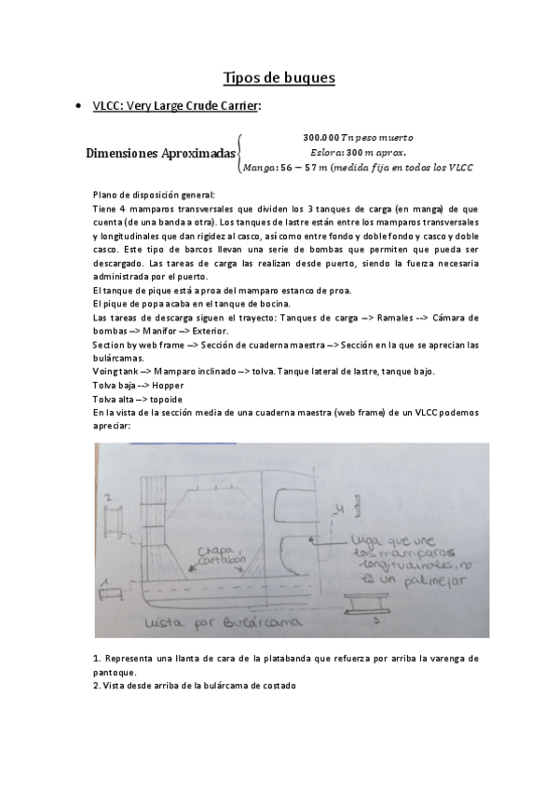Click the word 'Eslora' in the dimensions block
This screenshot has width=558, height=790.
pyautogui.click(x=324, y=153)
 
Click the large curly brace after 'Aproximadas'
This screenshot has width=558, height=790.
pyautogui.click(x=240, y=153)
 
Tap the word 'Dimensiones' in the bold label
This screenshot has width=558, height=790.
pyautogui.click(x=120, y=154)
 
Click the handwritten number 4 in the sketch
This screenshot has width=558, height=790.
pyautogui.click(x=342, y=510)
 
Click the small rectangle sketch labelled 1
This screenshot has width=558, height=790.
pyautogui.click(x=106, y=591)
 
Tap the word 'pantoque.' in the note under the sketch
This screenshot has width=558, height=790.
pyautogui.click(x=116, y=672)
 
